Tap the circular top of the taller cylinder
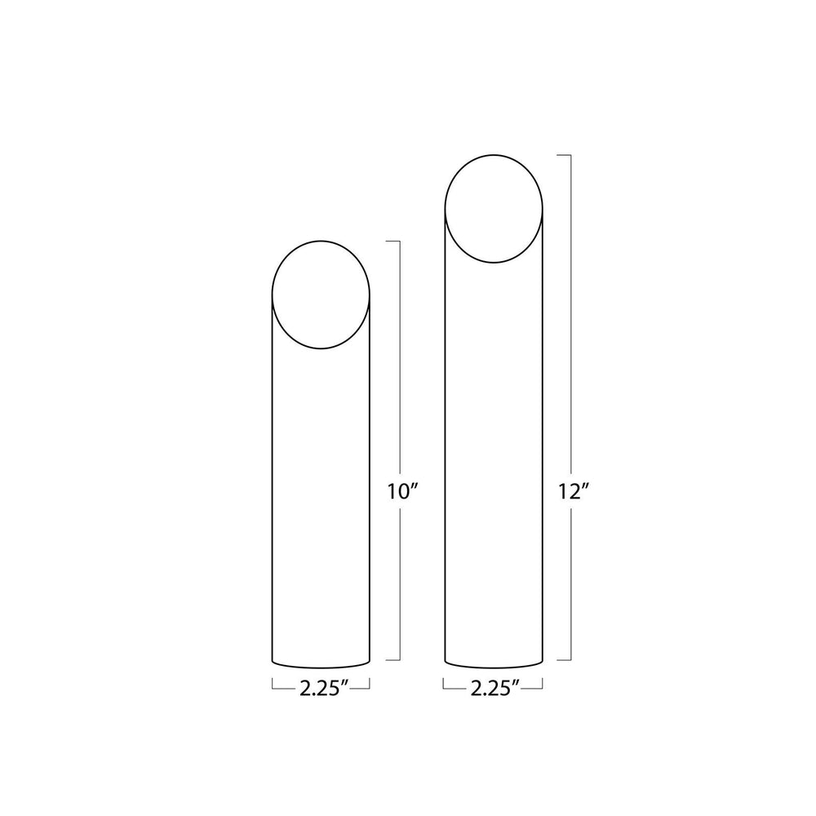(493, 208)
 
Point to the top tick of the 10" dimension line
(392, 242)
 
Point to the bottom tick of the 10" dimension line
(392, 659)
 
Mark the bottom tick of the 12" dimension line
(563, 659)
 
